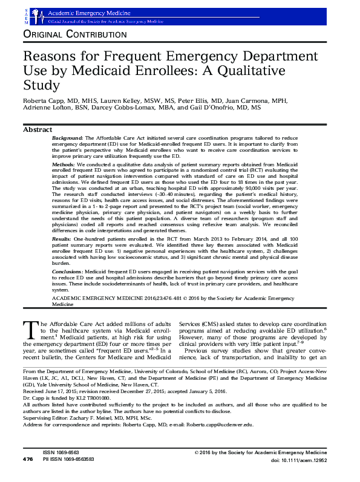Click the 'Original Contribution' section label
pos(74,34)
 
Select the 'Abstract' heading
pos(37,130)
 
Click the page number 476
pos(28,477)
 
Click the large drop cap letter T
pos(30,330)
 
